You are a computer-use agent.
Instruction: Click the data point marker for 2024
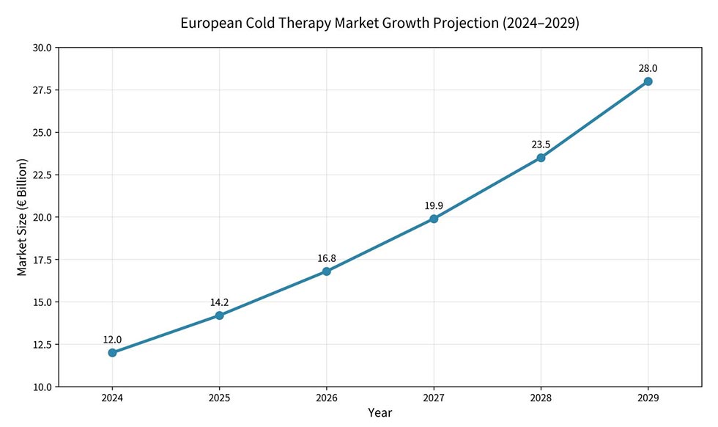click(112, 353)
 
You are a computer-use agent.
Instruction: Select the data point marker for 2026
click(327, 271)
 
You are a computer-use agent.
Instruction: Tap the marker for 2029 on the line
click(648, 81)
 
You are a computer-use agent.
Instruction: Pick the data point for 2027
click(434, 219)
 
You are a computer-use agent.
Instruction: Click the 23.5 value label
click(541, 145)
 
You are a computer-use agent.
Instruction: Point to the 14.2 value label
click(219, 302)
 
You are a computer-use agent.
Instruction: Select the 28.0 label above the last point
click(648, 68)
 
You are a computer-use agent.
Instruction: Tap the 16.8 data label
click(327, 258)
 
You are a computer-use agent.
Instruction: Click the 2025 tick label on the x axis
click(219, 398)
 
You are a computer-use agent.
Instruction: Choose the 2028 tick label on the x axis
click(541, 398)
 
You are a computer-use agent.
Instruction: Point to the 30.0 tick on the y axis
click(42, 48)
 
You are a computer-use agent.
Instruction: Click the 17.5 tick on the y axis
click(42, 260)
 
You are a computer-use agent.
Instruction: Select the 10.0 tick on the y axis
click(42, 387)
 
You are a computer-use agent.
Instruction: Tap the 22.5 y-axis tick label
click(42, 175)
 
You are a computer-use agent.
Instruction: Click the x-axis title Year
click(380, 413)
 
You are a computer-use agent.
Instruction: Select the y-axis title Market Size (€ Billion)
click(22, 217)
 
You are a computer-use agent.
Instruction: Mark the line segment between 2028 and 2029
click(594, 120)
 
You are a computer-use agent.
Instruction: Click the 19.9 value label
click(434, 205)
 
